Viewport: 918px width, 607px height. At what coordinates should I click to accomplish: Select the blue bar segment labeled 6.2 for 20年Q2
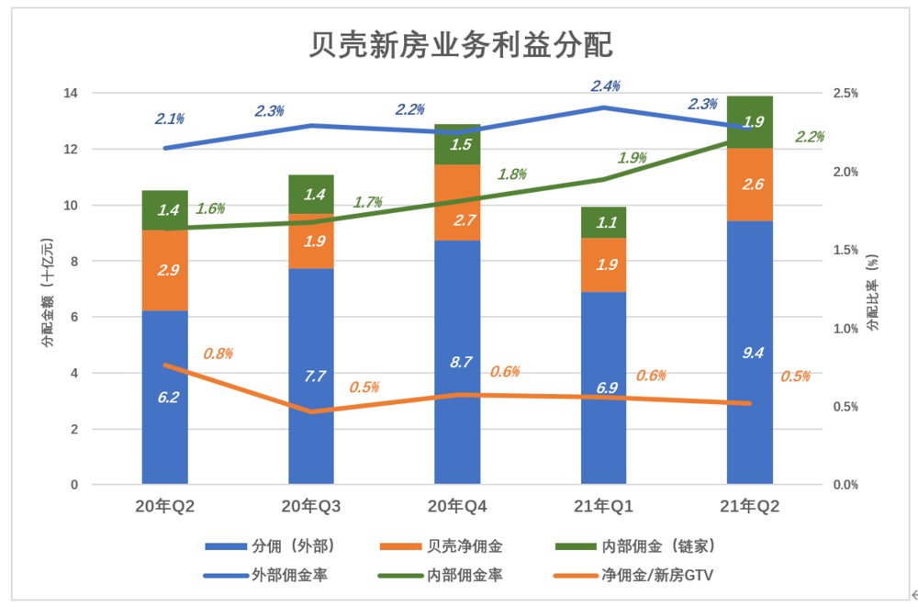pos(164,397)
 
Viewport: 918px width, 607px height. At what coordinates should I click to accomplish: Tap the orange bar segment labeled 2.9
pos(164,270)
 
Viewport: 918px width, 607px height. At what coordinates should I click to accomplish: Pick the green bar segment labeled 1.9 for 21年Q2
pos(749,121)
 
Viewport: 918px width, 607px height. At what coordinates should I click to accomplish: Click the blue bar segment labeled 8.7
pos(456,362)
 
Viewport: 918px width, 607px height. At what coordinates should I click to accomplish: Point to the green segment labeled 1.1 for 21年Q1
pos(603,222)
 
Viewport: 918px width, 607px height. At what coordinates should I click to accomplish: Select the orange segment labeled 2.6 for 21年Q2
pos(749,185)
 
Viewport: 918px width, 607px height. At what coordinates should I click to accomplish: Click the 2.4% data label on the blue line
pos(605,85)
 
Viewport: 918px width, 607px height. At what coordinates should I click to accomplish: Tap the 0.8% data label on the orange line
pos(218,354)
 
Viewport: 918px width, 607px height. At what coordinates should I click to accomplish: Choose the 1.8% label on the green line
pos(512,174)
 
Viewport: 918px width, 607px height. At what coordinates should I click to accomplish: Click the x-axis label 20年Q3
pos(310,507)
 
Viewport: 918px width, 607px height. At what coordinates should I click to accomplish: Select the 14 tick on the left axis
pos(70,94)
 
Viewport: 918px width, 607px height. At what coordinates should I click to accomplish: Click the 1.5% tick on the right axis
pos(844,250)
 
